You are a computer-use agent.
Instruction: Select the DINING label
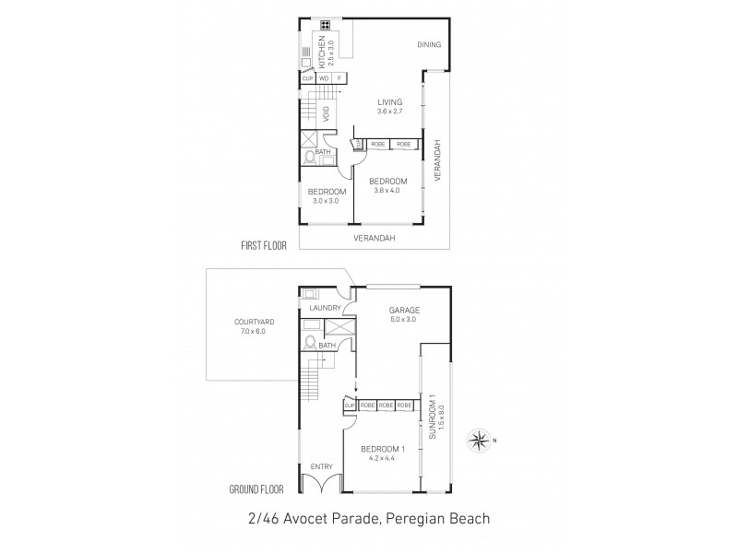tap(429, 44)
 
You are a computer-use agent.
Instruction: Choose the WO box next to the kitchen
tap(324, 78)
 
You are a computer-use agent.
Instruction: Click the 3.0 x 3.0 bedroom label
tap(327, 195)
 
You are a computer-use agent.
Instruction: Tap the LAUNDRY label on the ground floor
tap(326, 308)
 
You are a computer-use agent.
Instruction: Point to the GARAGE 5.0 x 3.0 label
tap(404, 314)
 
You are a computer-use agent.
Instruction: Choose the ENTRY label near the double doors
tap(320, 467)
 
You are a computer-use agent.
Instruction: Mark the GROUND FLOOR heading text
tap(258, 489)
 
